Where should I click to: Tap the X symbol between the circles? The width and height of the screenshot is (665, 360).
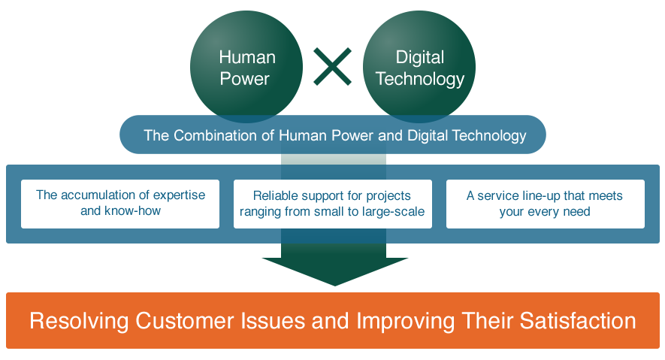pos(332,66)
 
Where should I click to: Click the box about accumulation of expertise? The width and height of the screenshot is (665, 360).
pos(120,204)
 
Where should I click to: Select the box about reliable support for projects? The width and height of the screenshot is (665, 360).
pos(332,204)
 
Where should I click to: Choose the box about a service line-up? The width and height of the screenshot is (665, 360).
pos(545,204)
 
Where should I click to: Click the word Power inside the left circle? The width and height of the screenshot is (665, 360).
pos(246,79)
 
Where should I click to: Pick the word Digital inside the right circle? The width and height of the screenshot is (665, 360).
pos(419,57)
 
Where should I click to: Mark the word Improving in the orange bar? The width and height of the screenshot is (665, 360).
pos(404,321)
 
